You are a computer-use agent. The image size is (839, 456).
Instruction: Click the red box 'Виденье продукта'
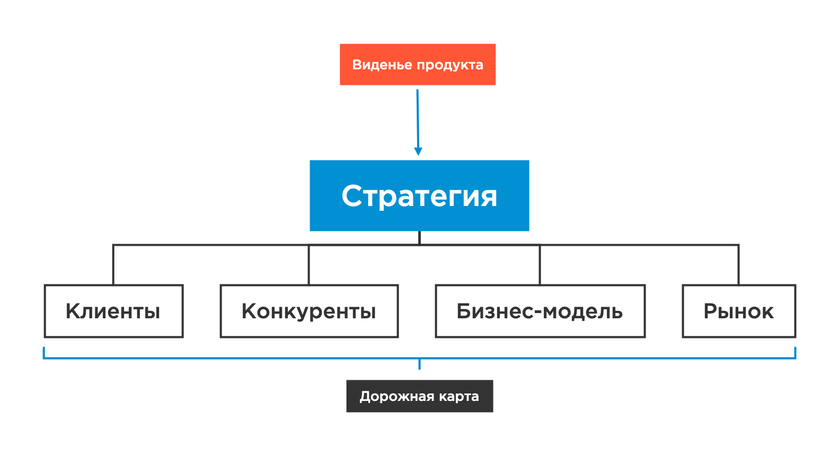click(418, 64)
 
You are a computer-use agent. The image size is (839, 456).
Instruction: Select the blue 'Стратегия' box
click(419, 195)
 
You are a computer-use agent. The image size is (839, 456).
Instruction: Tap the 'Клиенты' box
click(113, 311)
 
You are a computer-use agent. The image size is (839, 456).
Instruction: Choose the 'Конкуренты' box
click(309, 311)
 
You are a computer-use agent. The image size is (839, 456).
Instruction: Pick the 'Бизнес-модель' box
click(540, 311)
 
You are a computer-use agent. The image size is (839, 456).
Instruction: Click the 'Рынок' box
click(738, 311)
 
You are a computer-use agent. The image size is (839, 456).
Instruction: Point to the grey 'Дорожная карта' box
click(419, 396)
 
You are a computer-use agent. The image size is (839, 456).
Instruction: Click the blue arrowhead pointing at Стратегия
click(418, 151)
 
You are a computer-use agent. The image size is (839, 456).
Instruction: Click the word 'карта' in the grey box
click(459, 397)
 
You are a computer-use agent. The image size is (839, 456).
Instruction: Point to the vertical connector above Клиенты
click(113, 264)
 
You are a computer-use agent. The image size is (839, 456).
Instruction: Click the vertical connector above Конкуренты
click(309, 264)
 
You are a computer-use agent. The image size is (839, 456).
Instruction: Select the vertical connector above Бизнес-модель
click(540, 264)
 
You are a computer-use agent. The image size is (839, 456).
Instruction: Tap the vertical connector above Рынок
click(738, 264)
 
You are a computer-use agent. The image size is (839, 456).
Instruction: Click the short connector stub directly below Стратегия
click(419, 238)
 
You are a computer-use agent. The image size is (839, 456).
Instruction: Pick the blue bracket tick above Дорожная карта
click(419, 364)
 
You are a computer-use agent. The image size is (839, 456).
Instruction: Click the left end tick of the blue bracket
click(43, 352)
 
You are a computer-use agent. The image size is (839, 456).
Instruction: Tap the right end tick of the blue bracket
click(795, 352)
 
